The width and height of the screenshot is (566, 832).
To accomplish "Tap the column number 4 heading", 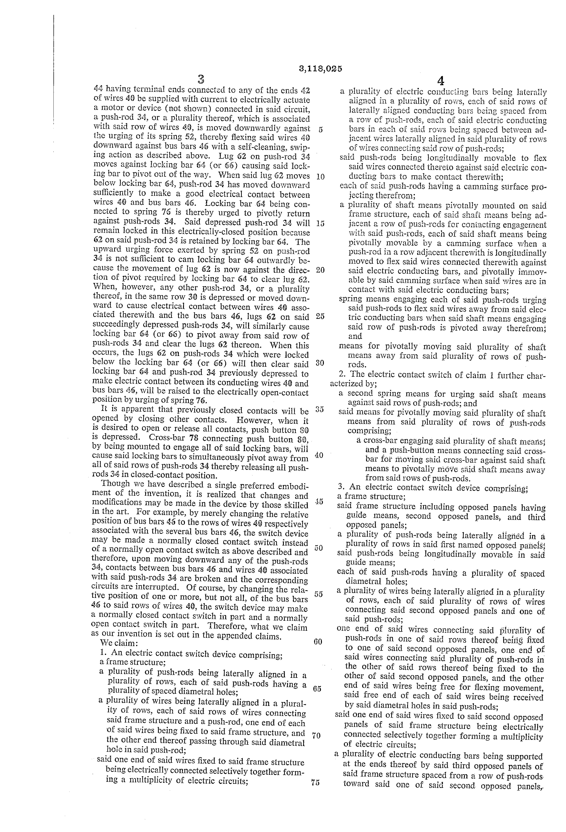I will coord(440,80).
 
